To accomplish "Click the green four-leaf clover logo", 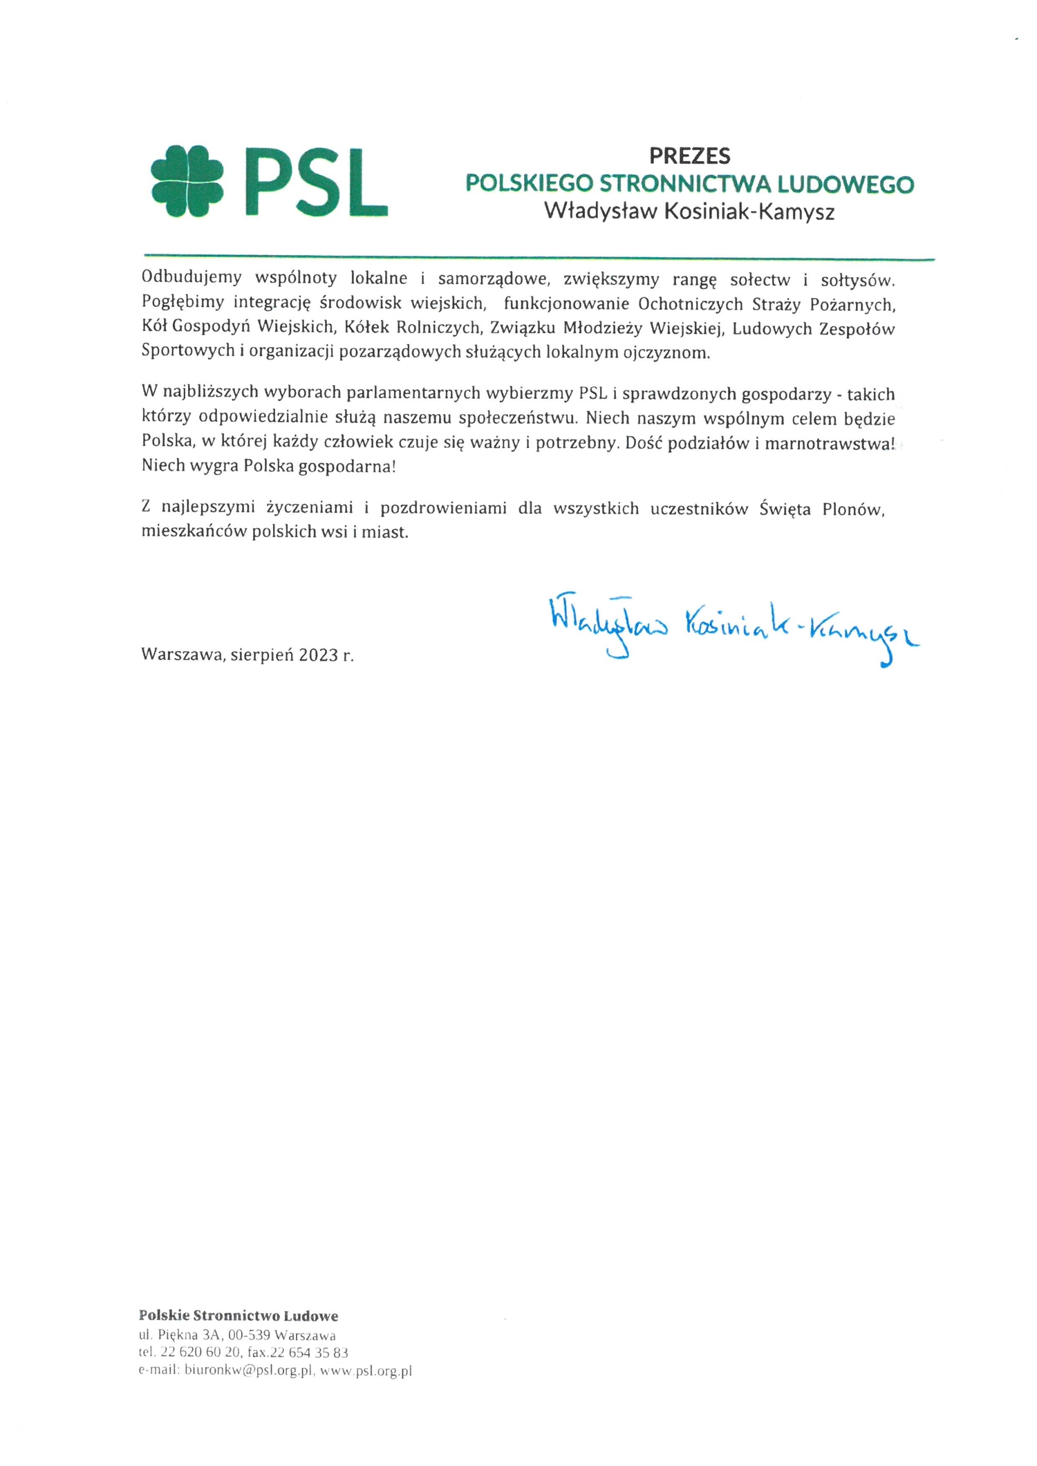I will pyautogui.click(x=187, y=182).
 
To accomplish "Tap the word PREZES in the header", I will pyautogui.click(x=689, y=156).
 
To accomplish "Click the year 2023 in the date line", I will pyautogui.click(x=319, y=655).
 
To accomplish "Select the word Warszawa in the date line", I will pyautogui.click(x=182, y=655).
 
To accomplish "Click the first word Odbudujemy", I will pyautogui.click(x=191, y=278).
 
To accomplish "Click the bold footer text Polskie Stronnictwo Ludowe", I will pyautogui.click(x=239, y=1316).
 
